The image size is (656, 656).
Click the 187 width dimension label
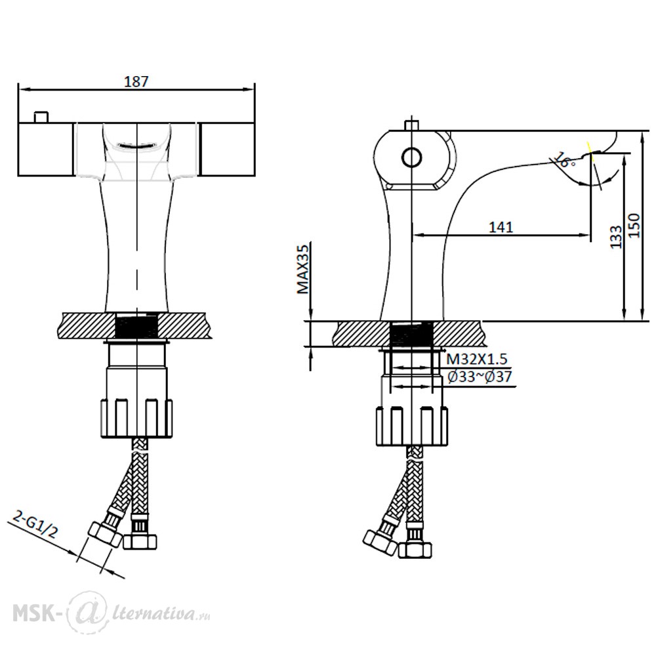click(136, 81)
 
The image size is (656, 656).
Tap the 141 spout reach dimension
click(501, 227)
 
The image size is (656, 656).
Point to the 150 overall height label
click(634, 225)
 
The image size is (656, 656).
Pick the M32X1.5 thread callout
click(477, 359)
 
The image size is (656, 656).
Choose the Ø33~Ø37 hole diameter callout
click(480, 377)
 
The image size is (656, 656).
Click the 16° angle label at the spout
click(565, 161)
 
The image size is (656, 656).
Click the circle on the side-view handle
click(412, 157)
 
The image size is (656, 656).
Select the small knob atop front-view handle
click(41, 117)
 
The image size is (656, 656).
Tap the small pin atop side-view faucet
click(412, 125)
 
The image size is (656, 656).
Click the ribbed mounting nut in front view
click(137, 419)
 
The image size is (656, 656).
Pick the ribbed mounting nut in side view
click(412, 426)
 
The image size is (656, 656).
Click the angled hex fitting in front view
click(104, 535)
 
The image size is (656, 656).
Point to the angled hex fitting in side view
click(380, 543)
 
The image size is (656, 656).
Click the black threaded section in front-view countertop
click(137, 326)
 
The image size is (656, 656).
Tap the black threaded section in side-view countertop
click(412, 334)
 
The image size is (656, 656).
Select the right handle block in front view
click(226, 150)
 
